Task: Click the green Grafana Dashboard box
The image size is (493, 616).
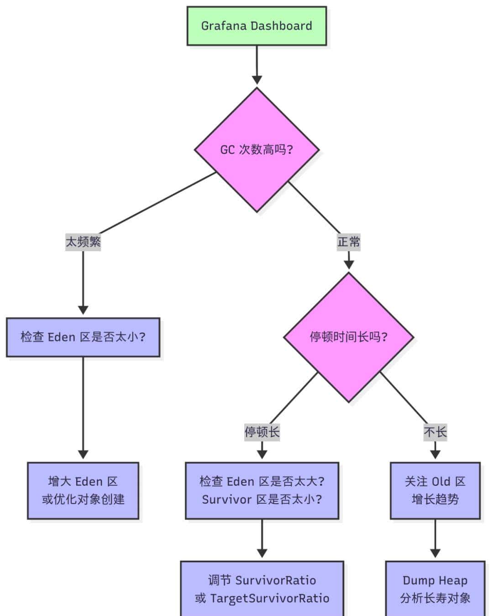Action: click(x=257, y=26)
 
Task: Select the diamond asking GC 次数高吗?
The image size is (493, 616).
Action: click(x=257, y=150)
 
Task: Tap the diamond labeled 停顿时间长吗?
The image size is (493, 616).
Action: click(x=349, y=337)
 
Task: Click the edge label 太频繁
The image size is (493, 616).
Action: click(x=83, y=242)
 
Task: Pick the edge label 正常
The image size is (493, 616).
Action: click(x=349, y=242)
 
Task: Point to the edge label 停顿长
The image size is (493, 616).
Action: click(x=262, y=432)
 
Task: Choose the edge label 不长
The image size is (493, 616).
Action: click(x=435, y=432)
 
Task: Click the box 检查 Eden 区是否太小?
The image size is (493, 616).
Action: click(x=83, y=337)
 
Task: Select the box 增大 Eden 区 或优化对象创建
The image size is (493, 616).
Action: click(x=83, y=490)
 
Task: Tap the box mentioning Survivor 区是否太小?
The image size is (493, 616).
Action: click(x=262, y=490)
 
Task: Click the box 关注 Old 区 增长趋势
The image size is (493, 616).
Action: click(x=435, y=490)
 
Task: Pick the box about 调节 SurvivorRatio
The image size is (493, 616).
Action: click(x=262, y=589)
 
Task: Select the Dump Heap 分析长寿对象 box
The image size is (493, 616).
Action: click(x=435, y=589)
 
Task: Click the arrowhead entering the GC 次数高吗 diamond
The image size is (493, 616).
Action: click(x=257, y=79)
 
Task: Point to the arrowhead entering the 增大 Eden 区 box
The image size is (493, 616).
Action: click(x=83, y=454)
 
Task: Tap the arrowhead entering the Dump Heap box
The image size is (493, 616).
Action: click(x=435, y=553)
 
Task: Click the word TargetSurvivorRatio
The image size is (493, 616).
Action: click(x=269, y=598)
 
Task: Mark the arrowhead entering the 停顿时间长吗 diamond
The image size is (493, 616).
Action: click(x=349, y=265)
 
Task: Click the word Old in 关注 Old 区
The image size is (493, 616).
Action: click(x=441, y=482)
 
